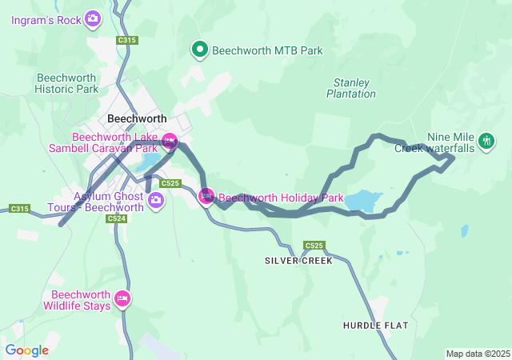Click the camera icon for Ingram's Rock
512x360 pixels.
click(x=93, y=18)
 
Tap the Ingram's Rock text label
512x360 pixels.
click(x=46, y=18)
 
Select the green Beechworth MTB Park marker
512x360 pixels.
click(x=199, y=50)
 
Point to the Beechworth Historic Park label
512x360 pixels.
click(x=67, y=83)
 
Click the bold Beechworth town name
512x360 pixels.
click(x=137, y=118)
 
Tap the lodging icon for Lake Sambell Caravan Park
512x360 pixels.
click(x=170, y=142)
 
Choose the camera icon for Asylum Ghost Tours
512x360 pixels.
click(x=156, y=202)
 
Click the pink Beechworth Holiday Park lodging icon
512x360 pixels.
click(x=206, y=196)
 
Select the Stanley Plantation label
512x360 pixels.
click(x=351, y=88)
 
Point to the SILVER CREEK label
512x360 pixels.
click(x=298, y=261)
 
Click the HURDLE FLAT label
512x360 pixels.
click(x=375, y=326)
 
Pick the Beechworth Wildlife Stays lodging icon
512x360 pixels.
click(x=122, y=299)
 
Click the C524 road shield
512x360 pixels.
click(x=116, y=218)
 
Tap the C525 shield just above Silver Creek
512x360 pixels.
click(x=314, y=245)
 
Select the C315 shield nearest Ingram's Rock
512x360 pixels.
click(x=126, y=39)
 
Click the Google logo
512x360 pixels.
click(x=26, y=350)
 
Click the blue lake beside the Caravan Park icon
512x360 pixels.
click(x=150, y=163)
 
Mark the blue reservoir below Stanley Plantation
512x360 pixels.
click(x=362, y=200)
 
